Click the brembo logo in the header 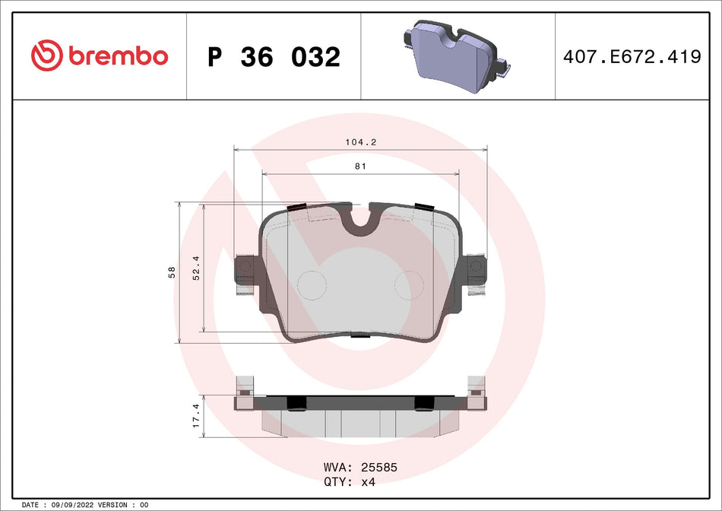point(99,56)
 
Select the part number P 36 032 point(274,56)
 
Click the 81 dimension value point(360,167)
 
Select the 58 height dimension point(173,271)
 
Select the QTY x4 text point(350,482)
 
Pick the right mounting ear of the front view point(477,268)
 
